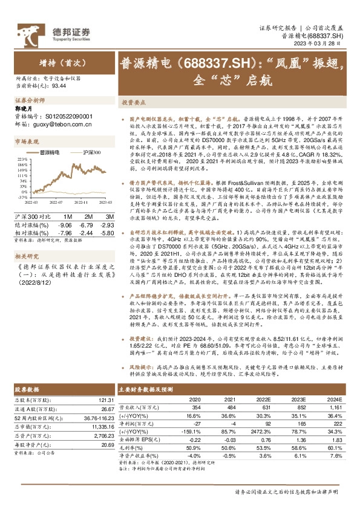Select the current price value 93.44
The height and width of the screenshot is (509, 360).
(59, 86)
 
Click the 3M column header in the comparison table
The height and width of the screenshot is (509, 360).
(108, 199)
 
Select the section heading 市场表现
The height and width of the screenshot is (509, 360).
(24, 140)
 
